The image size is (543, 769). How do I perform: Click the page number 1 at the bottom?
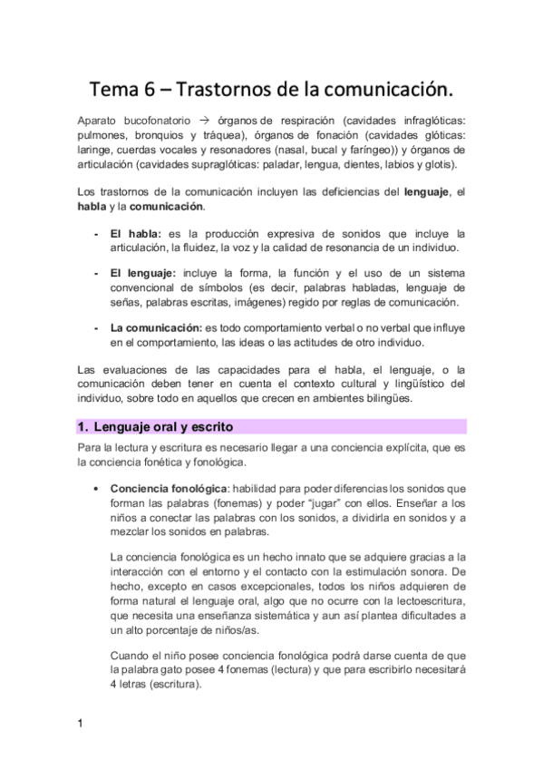80,723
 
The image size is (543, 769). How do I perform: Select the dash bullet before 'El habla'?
96,233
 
